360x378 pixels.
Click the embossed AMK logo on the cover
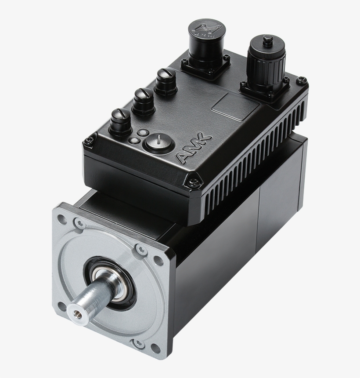(194, 149)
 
